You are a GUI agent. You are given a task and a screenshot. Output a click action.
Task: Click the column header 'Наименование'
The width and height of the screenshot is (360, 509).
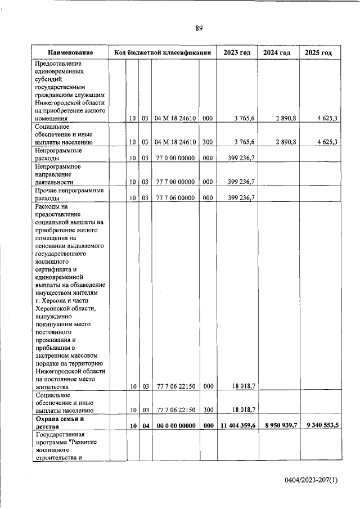70,52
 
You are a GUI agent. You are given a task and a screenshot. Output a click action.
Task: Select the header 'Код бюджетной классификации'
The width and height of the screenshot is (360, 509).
163,52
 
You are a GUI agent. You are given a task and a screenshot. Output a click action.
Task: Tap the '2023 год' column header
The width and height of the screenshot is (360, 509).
237,52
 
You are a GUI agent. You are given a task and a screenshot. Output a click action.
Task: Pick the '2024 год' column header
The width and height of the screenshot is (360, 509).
277,52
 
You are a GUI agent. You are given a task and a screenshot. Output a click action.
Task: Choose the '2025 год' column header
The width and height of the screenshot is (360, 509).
318,52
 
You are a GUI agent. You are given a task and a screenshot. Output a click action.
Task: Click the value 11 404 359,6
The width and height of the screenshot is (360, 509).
238,426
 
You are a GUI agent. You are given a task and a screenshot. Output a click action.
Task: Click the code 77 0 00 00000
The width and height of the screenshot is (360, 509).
175,159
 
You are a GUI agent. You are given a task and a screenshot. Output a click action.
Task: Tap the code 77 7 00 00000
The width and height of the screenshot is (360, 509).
175,182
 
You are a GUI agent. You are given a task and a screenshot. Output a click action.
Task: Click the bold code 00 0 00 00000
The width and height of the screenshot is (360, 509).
175,426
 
